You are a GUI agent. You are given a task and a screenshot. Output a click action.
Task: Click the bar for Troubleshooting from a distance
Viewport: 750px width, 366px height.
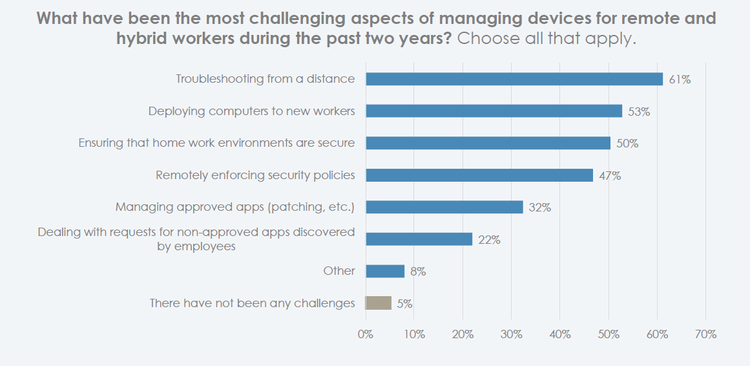point(514,79)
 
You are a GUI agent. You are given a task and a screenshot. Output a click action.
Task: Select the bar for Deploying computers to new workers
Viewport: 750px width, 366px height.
point(494,111)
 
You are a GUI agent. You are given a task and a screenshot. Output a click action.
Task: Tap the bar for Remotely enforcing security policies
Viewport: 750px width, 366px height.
point(479,175)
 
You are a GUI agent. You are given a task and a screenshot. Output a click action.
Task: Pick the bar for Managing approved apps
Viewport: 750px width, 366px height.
point(444,207)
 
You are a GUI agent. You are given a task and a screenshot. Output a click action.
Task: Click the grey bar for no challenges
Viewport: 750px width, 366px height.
point(379,303)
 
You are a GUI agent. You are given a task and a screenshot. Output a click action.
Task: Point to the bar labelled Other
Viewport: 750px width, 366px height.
point(385,271)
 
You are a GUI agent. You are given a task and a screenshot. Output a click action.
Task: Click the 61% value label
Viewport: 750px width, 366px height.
point(680,80)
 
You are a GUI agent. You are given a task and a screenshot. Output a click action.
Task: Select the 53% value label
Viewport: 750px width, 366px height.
point(638,112)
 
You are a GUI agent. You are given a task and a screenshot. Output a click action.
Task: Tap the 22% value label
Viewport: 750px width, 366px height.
point(489,240)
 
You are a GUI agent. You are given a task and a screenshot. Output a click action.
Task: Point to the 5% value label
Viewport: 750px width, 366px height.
point(404,303)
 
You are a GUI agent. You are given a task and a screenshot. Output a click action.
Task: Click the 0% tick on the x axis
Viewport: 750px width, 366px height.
point(366,334)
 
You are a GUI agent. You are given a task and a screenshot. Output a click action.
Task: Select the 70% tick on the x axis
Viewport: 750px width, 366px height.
point(705,334)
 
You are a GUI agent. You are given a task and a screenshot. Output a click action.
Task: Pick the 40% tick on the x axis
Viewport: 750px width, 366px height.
point(560,334)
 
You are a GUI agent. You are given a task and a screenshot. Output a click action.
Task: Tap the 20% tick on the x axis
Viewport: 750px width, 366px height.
point(463,334)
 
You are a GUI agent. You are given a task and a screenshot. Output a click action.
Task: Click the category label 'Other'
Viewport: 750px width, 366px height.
point(339,271)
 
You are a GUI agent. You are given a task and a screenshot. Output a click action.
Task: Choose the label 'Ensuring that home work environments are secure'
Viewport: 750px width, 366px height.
point(216,143)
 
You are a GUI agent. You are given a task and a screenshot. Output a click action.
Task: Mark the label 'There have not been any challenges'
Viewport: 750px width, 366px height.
point(252,303)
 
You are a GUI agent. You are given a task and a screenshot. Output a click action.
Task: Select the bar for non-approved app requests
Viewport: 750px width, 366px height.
point(419,239)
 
